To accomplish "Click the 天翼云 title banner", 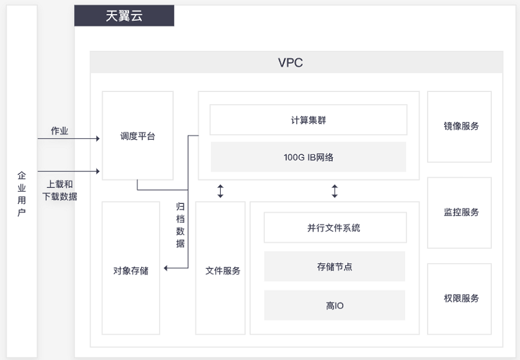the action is [124, 15].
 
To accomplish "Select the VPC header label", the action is [291, 62].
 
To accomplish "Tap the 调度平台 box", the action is [138, 136].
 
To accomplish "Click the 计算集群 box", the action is [308, 120].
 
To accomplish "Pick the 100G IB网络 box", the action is [308, 157].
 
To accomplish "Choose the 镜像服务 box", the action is [459, 127].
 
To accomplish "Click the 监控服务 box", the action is [459, 212].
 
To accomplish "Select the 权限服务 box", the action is [459, 299].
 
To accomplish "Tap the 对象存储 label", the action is [131, 271].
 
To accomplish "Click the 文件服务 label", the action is [223, 271].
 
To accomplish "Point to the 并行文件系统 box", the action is [335, 228].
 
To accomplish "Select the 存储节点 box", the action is [335, 266].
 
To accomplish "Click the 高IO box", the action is [335, 306].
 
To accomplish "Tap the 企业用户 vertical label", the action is [21, 194].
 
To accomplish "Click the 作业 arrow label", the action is [59, 131].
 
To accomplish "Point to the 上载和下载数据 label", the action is [60, 190].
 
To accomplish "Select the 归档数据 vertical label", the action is [180, 225].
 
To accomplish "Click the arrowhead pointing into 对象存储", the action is [166, 268].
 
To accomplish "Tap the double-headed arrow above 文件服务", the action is [220, 192].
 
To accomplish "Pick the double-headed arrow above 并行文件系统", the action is [335, 192].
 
